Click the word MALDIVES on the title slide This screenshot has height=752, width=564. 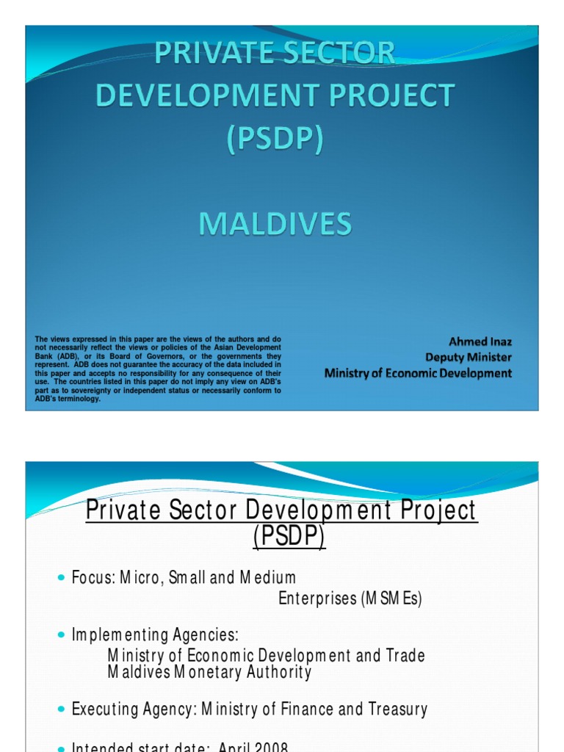(274, 223)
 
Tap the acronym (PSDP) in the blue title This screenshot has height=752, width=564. (274, 139)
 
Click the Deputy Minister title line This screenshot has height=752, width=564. (469, 357)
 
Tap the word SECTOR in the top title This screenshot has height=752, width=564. (340, 54)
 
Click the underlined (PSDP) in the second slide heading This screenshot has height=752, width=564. (288, 538)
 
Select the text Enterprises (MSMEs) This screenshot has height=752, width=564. (350, 599)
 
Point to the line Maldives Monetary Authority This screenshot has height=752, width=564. (209, 672)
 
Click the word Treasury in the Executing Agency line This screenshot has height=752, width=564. (396, 709)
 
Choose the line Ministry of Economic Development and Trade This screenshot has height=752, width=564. (266, 654)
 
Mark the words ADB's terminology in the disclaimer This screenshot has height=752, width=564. (68, 399)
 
